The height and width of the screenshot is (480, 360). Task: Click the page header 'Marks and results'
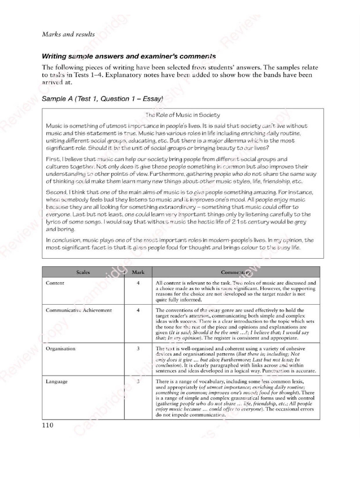[68, 34]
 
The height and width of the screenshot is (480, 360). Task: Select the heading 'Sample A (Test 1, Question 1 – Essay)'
[102, 99]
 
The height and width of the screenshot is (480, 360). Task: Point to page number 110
[48, 425]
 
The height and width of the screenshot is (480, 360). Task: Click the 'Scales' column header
[83, 272]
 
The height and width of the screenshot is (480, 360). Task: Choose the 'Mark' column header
[138, 272]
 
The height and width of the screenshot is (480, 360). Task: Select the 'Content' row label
[55, 283]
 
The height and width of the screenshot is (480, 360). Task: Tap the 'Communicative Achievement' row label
[79, 310]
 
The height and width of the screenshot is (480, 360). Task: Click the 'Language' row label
[57, 382]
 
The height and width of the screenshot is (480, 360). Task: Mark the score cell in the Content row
[138, 283]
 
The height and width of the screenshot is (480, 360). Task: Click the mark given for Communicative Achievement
[138, 310]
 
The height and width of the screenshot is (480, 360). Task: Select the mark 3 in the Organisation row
[138, 349]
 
